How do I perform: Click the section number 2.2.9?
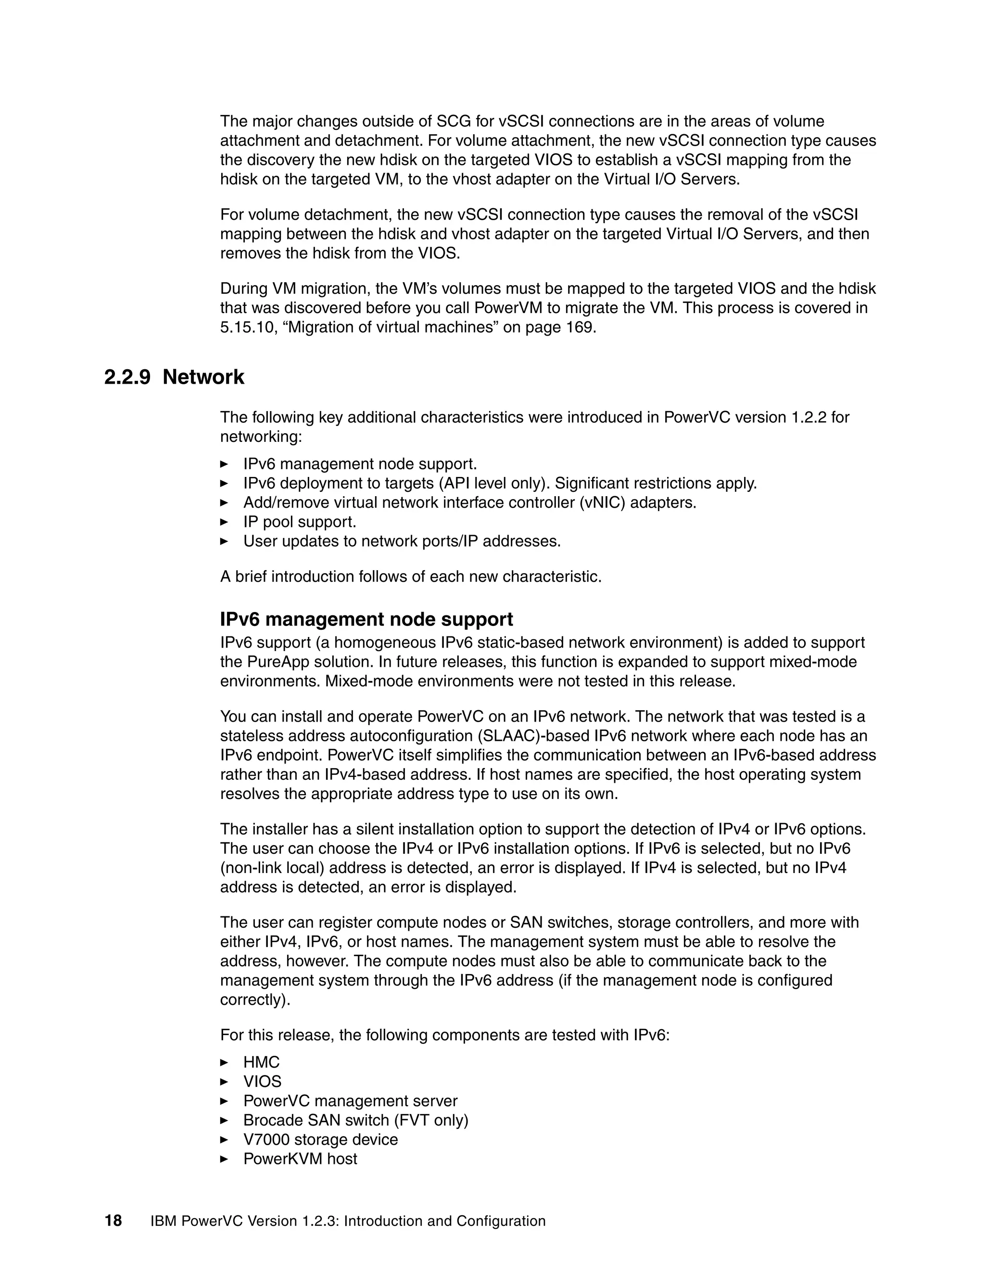tap(126, 377)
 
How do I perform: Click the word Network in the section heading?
tap(203, 377)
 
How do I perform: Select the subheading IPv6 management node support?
tap(366, 619)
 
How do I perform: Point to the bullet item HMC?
tap(262, 1062)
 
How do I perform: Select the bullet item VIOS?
tap(262, 1082)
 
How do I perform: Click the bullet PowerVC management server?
tap(350, 1101)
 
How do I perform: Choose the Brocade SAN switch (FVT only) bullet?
tap(355, 1120)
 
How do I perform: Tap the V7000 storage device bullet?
tap(320, 1139)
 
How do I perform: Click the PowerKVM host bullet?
tap(300, 1159)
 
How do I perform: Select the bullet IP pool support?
tap(299, 522)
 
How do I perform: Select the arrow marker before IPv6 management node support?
tap(224, 464)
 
